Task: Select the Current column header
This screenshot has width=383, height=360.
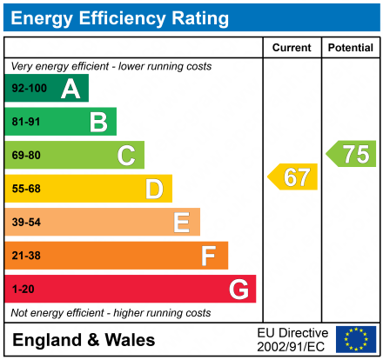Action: (292, 48)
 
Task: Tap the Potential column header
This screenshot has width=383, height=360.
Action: (351, 48)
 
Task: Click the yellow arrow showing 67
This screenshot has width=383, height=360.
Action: (293, 177)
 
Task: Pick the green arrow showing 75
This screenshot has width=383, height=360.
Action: (353, 154)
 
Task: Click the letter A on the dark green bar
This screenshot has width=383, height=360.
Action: (71, 89)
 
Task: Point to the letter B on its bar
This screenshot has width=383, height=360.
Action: (98, 122)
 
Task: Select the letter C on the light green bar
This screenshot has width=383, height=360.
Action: (126, 156)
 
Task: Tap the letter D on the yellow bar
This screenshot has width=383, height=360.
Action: (154, 189)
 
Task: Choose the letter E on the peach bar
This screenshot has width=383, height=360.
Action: (181, 223)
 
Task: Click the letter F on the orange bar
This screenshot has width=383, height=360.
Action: (209, 256)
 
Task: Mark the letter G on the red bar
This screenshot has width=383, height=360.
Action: (238, 289)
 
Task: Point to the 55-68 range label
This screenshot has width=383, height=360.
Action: (26, 189)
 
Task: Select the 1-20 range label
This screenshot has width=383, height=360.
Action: (24, 289)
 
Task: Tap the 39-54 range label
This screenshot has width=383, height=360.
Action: (26, 223)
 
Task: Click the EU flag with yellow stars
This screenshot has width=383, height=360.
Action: (356, 339)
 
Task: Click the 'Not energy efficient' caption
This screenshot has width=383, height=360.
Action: (111, 312)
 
